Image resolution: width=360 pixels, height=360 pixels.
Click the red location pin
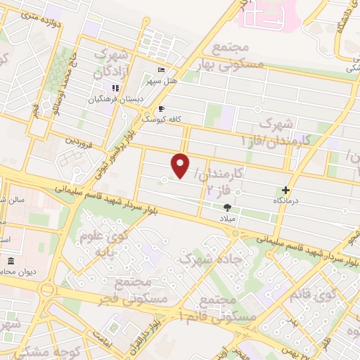(x=181, y=165)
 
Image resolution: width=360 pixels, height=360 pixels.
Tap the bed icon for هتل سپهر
(x=162, y=71)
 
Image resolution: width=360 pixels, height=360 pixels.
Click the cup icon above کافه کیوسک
(x=162, y=109)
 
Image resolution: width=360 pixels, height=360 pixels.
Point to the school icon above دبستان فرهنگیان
(x=115, y=88)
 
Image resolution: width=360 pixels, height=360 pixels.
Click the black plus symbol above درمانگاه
(x=285, y=190)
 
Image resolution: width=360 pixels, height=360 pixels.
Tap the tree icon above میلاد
(x=227, y=207)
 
